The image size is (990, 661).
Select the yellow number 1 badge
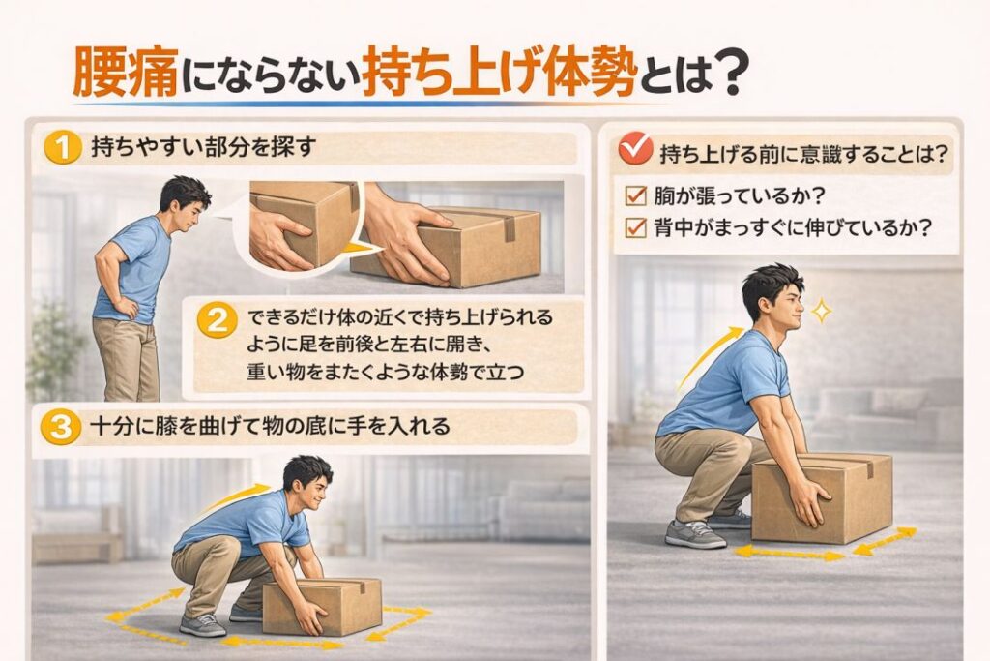63,150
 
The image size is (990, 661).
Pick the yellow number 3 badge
63,428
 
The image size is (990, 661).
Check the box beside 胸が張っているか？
636,196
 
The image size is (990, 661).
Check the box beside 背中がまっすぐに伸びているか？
636,229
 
